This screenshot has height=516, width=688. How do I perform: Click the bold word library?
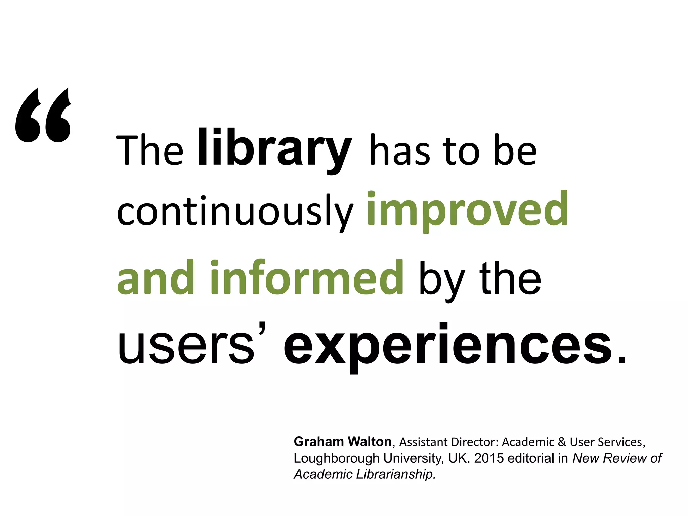[x=275, y=148]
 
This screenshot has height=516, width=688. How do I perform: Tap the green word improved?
[x=467, y=210]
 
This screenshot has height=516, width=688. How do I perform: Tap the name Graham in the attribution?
[x=318, y=441]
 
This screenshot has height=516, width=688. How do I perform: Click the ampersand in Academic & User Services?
[x=562, y=442]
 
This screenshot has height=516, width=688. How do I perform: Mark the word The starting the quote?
[x=150, y=150]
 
